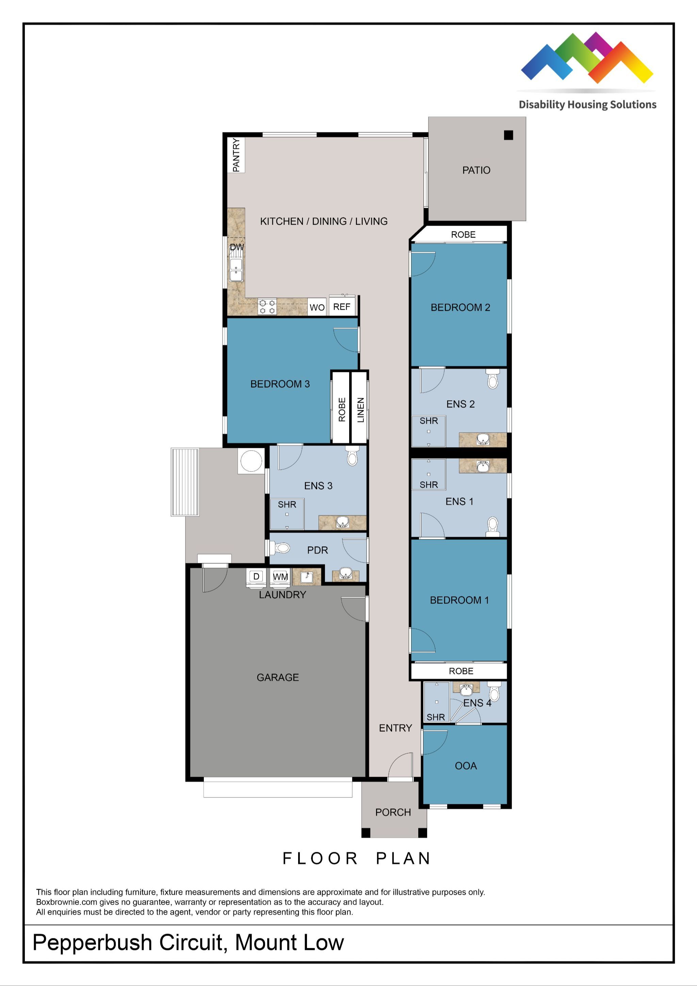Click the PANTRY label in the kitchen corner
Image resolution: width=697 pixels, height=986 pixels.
tap(236, 155)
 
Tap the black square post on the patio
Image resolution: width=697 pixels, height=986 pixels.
tap(508, 135)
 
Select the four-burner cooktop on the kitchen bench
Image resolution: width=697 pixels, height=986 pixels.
tap(267, 307)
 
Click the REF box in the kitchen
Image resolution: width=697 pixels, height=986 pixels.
tap(342, 307)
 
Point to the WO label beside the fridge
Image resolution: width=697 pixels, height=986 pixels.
tap(317, 307)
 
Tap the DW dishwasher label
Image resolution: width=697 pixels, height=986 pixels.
tap(237, 247)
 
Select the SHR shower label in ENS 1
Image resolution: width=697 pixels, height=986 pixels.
tap(428, 484)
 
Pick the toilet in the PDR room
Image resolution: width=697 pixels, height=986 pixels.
tap(281, 548)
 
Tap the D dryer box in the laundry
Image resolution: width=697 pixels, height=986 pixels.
tap(256, 576)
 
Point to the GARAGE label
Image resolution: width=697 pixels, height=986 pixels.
tap(277, 677)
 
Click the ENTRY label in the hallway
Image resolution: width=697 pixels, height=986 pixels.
tap(395, 728)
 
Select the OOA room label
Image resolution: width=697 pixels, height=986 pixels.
tap(466, 766)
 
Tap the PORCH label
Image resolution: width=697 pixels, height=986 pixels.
tap(393, 812)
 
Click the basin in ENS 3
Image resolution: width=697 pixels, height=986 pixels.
tap(342, 522)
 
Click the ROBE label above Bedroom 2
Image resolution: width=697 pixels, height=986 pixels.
tap(463, 235)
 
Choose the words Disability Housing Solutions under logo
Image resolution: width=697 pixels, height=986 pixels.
tap(587, 104)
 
